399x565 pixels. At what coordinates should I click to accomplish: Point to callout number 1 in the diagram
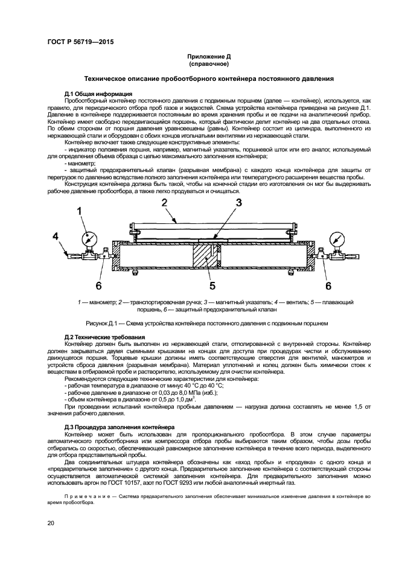click(x=79, y=211)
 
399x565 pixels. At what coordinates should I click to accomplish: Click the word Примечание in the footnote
click(x=77, y=496)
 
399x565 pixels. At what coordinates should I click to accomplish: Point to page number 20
click(x=51, y=523)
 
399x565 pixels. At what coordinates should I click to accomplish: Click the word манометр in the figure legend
click(x=98, y=301)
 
